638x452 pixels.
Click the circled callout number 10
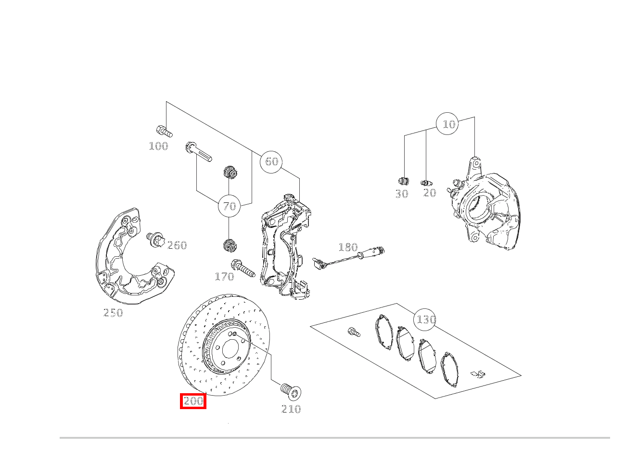[448, 124]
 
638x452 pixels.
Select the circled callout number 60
[271, 161]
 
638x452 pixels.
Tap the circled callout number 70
[230, 206]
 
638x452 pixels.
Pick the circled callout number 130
[425, 319]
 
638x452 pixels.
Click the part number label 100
[158, 146]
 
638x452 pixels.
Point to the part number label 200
[193, 401]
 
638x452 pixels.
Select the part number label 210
[291, 409]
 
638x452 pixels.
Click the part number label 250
[113, 313]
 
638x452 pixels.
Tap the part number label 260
[177, 245]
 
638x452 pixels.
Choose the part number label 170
[224, 277]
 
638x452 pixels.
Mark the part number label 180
[348, 247]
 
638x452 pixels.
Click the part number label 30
[402, 194]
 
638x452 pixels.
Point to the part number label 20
[430, 193]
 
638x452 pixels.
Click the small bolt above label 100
[164, 131]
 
